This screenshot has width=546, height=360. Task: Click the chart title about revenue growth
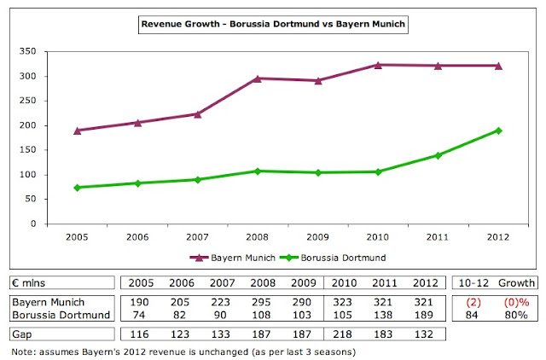pyautogui.click(x=273, y=26)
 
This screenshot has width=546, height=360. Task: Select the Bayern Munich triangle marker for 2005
pyautogui.click(x=77, y=131)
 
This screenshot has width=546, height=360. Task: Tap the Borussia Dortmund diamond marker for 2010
pyautogui.click(x=378, y=171)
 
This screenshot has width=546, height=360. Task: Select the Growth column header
pyautogui.click(x=517, y=282)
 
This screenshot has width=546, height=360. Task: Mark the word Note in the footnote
pyautogui.click(x=21, y=350)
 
